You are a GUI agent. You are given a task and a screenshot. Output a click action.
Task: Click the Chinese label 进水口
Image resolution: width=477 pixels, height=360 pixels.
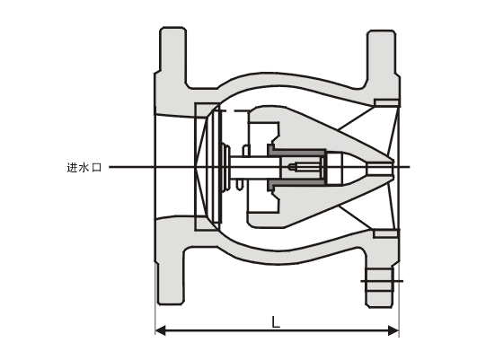tap(84, 168)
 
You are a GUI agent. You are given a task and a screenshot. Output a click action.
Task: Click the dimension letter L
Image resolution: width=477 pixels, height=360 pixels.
tap(275, 321)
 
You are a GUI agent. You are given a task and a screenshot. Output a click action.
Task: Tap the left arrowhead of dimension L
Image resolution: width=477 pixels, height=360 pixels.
tap(160, 330)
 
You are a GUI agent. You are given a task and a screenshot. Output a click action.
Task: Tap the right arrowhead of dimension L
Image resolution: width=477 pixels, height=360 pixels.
tap(393, 330)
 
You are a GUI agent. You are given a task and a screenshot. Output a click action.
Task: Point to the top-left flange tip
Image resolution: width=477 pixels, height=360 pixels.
tap(173, 29)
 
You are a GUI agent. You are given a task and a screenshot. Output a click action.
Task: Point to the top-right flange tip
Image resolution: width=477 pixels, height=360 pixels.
tap(382, 32)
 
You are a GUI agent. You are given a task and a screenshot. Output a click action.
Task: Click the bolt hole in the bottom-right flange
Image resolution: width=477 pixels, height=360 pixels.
tap(380, 281)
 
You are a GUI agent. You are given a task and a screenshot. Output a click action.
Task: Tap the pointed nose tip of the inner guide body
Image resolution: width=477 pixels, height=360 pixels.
tap(393, 167)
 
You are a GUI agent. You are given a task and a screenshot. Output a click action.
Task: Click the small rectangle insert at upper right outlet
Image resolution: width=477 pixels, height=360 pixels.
tap(386, 102)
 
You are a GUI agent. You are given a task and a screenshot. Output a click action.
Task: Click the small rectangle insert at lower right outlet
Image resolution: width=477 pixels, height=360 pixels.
tap(385, 233)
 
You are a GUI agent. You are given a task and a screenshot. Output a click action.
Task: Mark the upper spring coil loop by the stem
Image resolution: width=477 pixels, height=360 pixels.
tap(246, 151)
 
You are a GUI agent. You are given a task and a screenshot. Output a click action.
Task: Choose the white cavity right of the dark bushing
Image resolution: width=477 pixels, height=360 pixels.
tap(335, 168)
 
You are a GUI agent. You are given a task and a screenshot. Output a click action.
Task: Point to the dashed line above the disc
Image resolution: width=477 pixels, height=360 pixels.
tap(234, 111)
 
